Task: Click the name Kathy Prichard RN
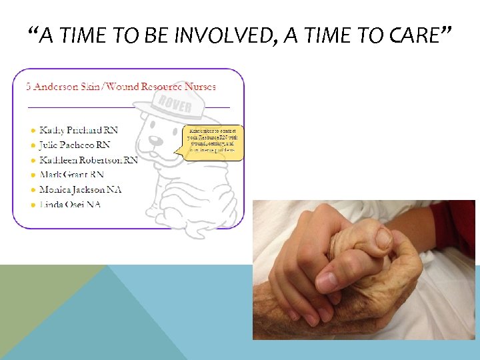[x=79, y=130]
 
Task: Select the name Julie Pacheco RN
[x=75, y=145]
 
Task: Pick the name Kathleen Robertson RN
[x=89, y=160]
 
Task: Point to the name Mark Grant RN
[x=71, y=175]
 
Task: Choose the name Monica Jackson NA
[x=80, y=189]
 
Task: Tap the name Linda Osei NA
[x=70, y=204]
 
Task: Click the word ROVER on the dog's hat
[x=175, y=106]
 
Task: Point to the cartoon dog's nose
[x=155, y=141]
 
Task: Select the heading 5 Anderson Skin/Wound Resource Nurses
[x=121, y=86]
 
